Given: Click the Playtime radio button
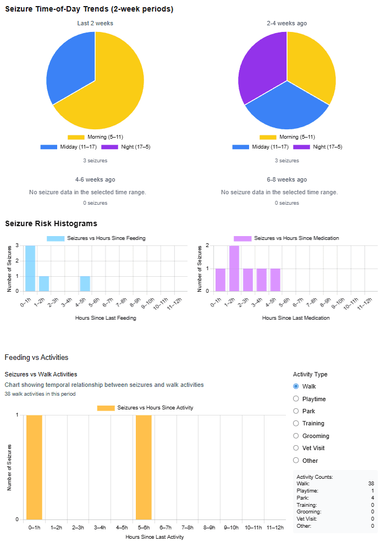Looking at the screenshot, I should [296, 399].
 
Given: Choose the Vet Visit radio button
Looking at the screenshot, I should [296, 448].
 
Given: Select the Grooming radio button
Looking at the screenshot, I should [296, 436].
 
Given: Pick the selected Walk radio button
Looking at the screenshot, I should [296, 386].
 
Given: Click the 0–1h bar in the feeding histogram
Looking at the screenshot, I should [30, 268].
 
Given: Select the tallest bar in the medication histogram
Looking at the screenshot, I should [234, 269].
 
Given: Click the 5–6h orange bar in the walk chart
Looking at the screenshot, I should [144, 467].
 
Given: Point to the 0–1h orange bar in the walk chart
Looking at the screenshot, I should [34, 467].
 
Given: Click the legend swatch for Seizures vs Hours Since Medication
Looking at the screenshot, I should [242, 238].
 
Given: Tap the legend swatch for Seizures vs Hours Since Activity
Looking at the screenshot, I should [106, 408].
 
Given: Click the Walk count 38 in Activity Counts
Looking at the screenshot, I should [371, 484].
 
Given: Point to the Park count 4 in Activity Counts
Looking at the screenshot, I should [372, 498].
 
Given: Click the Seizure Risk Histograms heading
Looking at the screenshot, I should [51, 223].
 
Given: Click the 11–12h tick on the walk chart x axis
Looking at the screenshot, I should [275, 528].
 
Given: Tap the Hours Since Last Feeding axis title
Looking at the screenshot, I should [105, 318].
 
